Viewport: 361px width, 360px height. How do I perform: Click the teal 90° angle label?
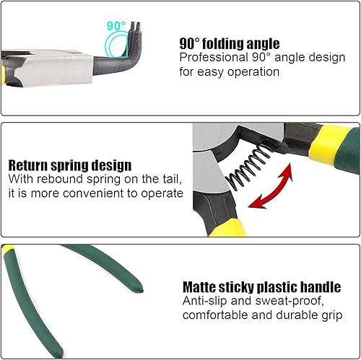pos(116,26)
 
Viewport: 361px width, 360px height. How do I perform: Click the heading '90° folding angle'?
pos(230,44)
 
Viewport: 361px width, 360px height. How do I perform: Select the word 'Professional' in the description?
pos(214,58)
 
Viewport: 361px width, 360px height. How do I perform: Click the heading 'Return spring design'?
pos(70,165)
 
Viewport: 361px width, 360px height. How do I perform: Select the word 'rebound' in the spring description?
pos(60,179)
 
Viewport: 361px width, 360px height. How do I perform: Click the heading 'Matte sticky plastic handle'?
pos(261,287)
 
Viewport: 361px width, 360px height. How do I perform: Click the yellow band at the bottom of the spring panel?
pos(227,228)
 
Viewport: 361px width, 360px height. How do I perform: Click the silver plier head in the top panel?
pos(52,69)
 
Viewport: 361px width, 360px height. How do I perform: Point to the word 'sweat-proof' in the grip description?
pos(290,301)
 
